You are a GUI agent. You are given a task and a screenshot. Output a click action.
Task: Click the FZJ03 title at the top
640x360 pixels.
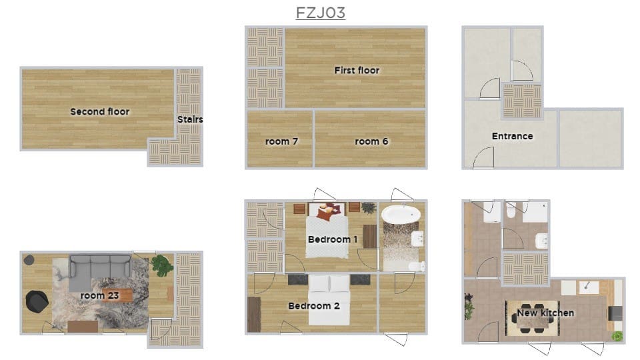pyautogui.click(x=321, y=13)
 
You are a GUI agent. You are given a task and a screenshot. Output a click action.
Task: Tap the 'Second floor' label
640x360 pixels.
pyautogui.click(x=100, y=111)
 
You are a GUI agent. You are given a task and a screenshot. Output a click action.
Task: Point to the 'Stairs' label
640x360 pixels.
pyautogui.click(x=190, y=119)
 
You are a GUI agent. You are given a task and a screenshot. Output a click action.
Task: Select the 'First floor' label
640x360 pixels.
pyautogui.click(x=357, y=70)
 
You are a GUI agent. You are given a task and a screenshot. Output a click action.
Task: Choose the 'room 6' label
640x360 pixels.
pyautogui.click(x=371, y=141)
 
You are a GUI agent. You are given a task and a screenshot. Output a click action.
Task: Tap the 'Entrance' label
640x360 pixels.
pyautogui.click(x=512, y=136)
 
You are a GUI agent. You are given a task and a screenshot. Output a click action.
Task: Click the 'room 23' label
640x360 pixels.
pyautogui.click(x=101, y=295)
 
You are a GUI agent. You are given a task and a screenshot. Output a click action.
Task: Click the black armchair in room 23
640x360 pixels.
pyautogui.click(x=37, y=301)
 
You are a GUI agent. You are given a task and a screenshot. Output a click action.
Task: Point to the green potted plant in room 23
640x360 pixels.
pyautogui.click(x=162, y=265)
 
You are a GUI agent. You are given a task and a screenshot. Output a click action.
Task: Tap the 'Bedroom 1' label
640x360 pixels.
pyautogui.click(x=333, y=239)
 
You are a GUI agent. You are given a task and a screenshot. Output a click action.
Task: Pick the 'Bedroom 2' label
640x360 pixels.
pyautogui.click(x=313, y=306)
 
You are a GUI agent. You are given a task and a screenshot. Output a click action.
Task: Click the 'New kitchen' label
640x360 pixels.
pyautogui.click(x=545, y=313)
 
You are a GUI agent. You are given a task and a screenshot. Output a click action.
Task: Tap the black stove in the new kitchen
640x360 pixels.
pyautogui.click(x=615, y=313)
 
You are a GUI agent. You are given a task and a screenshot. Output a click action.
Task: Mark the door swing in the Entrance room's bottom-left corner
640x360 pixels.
pyautogui.click(x=483, y=158)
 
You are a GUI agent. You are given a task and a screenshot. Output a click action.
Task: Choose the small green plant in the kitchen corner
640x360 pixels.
pyautogui.click(x=617, y=335)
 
